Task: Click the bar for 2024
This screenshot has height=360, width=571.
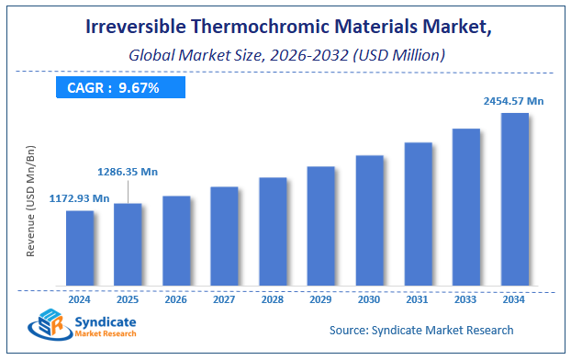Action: click(x=79, y=247)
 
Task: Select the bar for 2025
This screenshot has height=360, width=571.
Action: click(x=128, y=243)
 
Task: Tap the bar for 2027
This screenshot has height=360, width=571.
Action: click(x=224, y=235)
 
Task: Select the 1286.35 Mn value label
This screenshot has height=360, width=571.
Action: click(x=128, y=171)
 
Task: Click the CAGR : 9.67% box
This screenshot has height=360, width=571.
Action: click(x=117, y=87)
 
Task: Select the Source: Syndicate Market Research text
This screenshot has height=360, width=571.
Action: click(x=421, y=330)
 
